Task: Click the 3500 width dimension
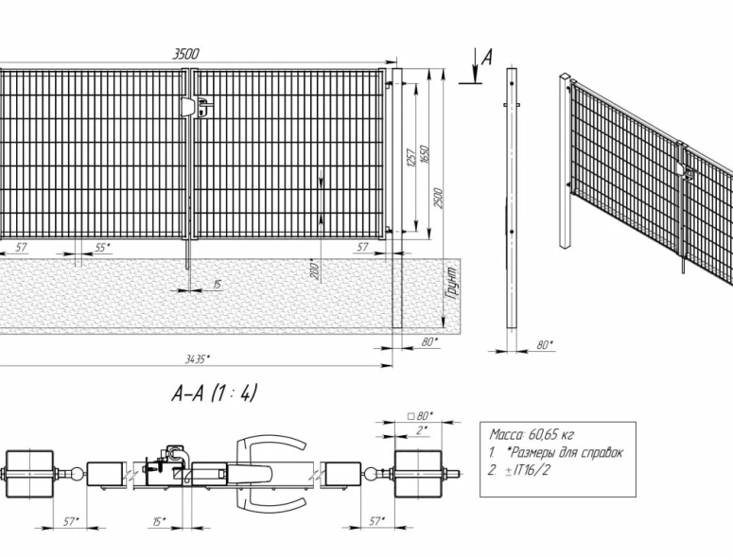point(186,54)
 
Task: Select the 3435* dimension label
point(197,358)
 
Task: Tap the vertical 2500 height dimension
point(438,199)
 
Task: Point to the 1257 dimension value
point(411,159)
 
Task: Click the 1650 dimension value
point(425,154)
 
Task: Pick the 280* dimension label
point(315,270)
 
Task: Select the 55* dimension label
point(103,248)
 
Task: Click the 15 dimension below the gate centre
point(217,284)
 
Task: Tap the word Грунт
point(452,283)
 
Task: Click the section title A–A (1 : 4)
point(215,393)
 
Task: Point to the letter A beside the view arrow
point(488,57)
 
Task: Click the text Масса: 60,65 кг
point(532,435)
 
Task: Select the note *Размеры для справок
point(565,452)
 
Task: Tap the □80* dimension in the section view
point(421,415)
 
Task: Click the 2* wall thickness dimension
point(422,430)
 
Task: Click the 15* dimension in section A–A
point(160,521)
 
